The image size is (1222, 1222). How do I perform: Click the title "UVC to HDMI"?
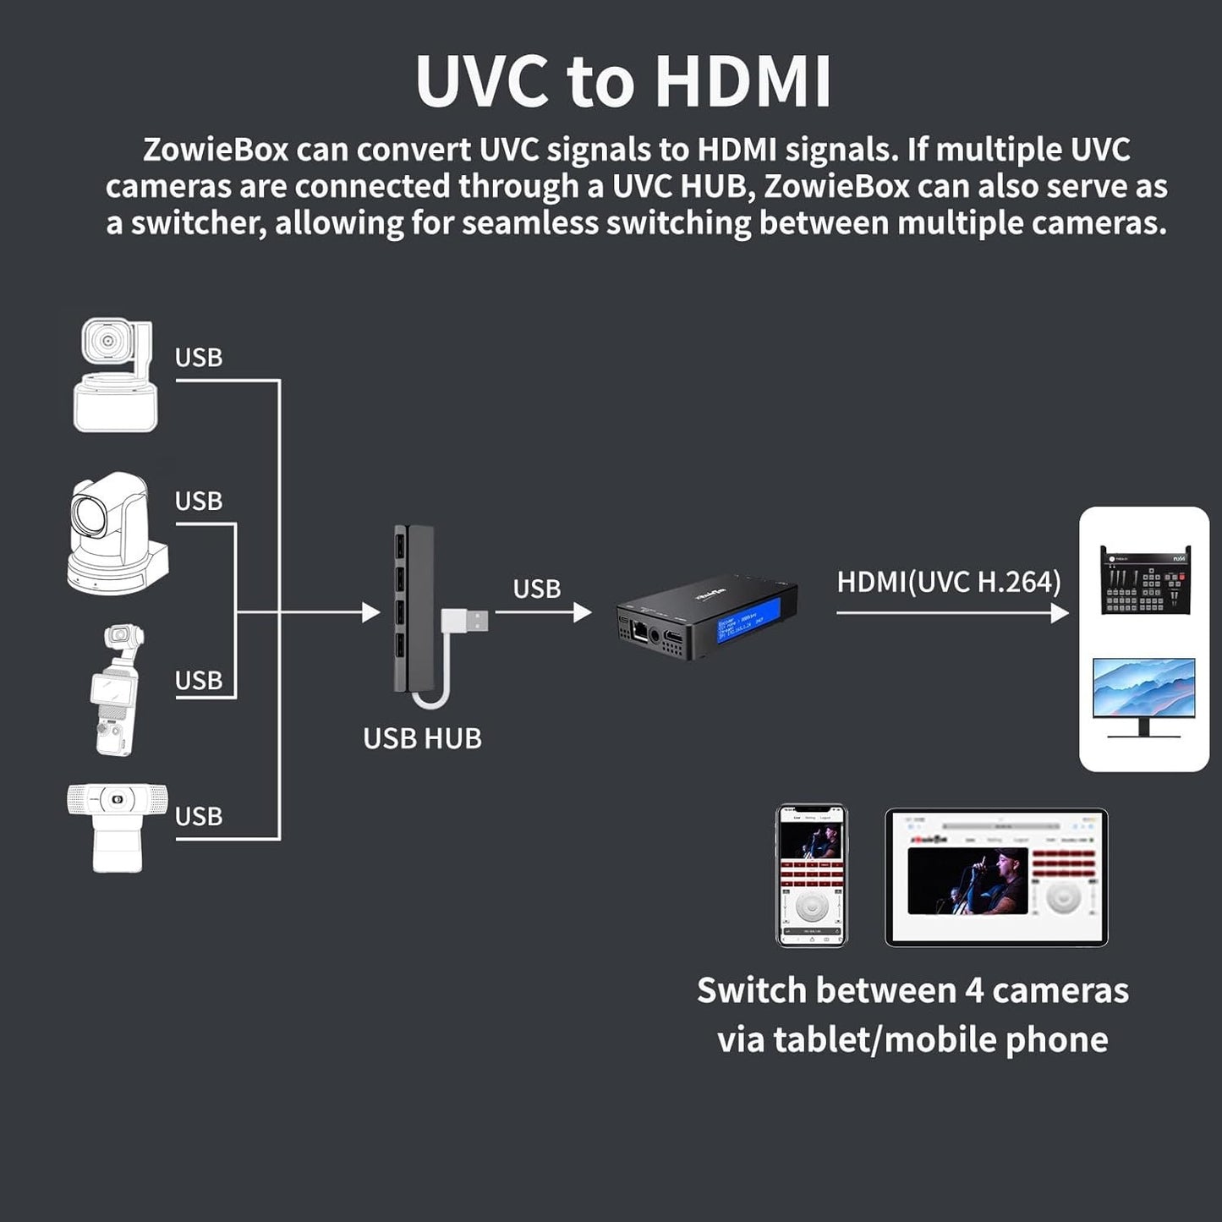623,82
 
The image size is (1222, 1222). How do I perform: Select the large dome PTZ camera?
117,534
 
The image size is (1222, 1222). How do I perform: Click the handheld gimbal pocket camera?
117,690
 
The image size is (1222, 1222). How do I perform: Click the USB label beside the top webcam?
199,358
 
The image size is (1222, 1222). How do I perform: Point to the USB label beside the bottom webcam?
199,817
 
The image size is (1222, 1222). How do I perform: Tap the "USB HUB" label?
422,739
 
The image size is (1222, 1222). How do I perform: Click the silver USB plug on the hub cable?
474,622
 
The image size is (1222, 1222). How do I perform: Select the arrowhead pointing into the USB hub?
370,612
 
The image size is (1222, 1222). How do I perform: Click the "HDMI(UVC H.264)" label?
948,583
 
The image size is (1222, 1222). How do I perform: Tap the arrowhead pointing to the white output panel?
1060,613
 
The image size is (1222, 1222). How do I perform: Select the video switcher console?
1144,580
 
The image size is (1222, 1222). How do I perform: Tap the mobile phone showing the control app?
811,875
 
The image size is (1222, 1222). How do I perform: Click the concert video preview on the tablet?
967,881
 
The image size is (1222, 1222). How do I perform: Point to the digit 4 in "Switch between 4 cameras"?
973,990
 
